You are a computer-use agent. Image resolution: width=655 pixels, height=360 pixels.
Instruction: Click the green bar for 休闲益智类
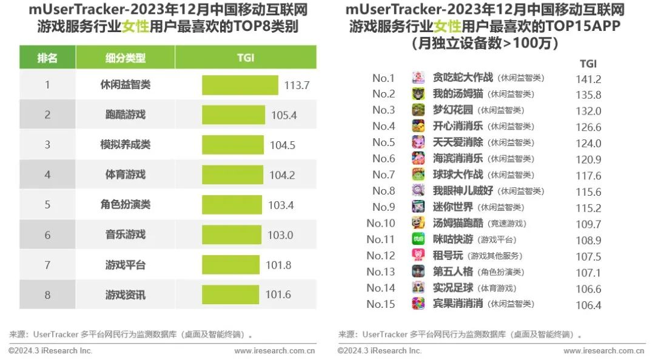tap(240, 85)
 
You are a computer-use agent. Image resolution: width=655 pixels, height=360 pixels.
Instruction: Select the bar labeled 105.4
tap(233, 115)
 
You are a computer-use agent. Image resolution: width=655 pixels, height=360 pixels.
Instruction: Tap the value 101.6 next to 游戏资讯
tap(278, 295)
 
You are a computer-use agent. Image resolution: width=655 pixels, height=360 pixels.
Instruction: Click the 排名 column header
tap(47, 58)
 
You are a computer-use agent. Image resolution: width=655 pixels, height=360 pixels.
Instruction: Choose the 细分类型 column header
tap(126, 58)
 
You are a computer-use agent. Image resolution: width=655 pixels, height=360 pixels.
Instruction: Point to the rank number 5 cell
tap(47, 205)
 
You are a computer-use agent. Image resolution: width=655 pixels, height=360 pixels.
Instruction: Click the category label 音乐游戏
tap(126, 235)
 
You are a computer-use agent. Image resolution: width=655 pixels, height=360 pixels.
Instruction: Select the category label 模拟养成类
tap(126, 145)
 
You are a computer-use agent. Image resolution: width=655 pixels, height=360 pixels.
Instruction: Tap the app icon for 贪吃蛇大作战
tap(418, 78)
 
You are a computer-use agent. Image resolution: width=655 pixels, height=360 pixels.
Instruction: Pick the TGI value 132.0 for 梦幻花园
tap(588, 111)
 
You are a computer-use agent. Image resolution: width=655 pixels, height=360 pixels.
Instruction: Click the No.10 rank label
tap(381, 223)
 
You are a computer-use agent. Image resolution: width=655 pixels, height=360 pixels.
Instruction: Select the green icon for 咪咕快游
tap(418, 239)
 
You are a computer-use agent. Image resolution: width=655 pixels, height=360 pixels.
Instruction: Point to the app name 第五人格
tap(454, 272)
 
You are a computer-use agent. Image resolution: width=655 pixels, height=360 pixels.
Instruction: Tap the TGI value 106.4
tap(588, 305)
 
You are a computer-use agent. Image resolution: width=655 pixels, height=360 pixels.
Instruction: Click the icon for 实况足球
tap(418, 288)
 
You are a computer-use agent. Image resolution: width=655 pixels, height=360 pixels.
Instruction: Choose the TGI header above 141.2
tap(588, 64)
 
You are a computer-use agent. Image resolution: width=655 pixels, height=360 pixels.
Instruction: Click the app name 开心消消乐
tap(458, 126)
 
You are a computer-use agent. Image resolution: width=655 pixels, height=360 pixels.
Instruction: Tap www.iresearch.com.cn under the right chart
tap(604, 351)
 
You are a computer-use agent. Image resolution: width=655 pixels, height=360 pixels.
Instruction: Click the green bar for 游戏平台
tap(232, 265)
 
